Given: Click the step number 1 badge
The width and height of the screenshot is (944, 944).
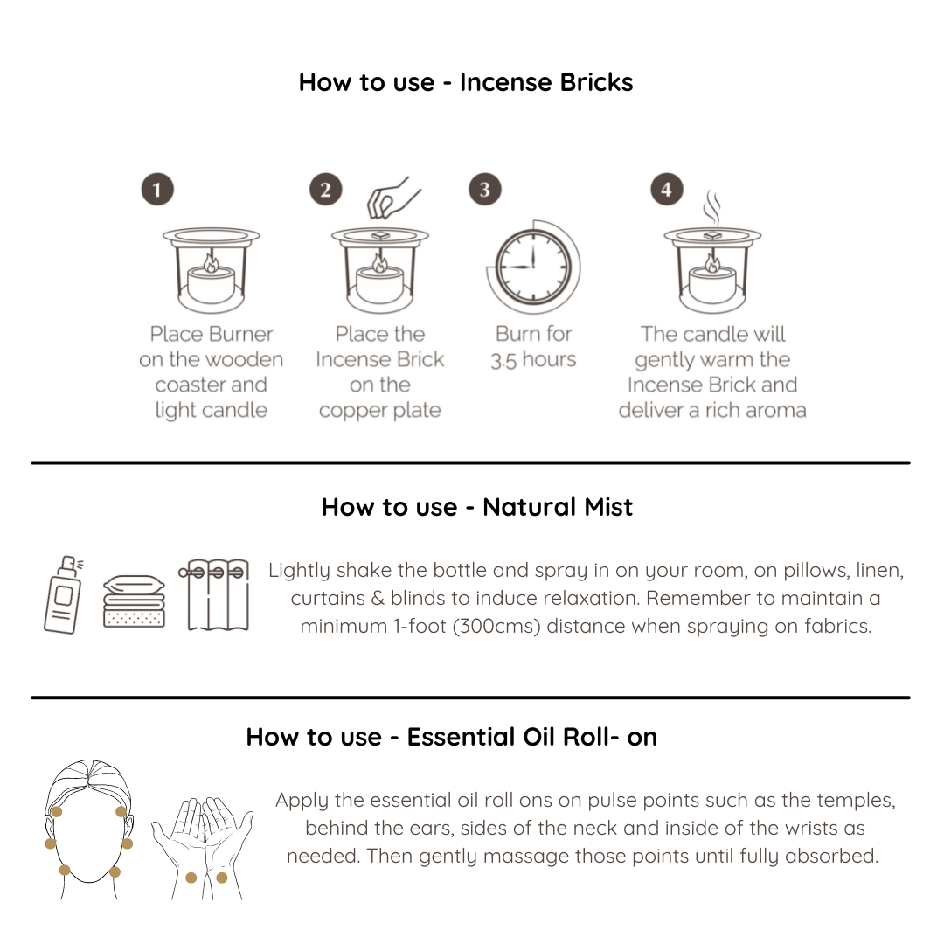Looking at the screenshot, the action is [x=157, y=189].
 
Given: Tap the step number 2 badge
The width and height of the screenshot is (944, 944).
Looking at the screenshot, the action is [x=326, y=189].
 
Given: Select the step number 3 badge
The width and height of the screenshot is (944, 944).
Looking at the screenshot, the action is [x=484, y=189].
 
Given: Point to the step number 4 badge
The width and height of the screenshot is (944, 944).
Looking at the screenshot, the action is [x=666, y=189].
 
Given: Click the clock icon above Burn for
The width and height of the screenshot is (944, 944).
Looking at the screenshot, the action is [x=533, y=267].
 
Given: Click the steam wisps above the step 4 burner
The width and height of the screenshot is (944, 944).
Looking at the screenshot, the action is [x=712, y=207].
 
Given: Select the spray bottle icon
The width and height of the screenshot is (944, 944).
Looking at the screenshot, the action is [x=63, y=594].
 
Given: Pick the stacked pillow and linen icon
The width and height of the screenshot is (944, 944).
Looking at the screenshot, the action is [x=135, y=601].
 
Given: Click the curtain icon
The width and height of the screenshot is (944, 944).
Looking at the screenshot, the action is [x=214, y=594].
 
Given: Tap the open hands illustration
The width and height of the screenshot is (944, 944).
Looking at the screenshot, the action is [x=202, y=848].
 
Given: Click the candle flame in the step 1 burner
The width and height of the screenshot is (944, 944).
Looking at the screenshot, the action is [x=211, y=263].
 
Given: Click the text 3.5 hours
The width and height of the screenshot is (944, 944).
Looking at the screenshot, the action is [x=533, y=359].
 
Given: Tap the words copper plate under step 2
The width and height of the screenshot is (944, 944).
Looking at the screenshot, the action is [x=380, y=411].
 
